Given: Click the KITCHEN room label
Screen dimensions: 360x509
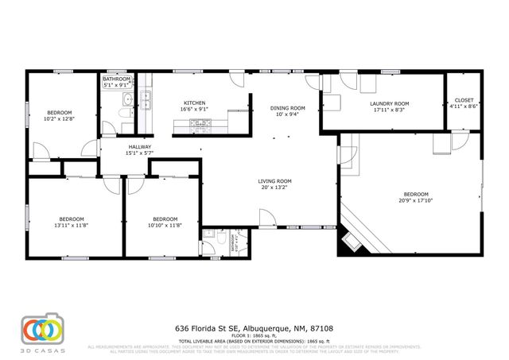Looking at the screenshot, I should pyautogui.click(x=195, y=103).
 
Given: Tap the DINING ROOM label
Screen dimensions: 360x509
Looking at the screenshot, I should pyautogui.click(x=288, y=108).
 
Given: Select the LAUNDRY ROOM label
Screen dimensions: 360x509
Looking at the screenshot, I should pyautogui.click(x=389, y=103).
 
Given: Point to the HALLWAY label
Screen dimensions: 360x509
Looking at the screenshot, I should pyautogui.click(x=140, y=147).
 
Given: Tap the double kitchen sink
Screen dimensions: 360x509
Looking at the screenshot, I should pyautogui.click(x=146, y=99).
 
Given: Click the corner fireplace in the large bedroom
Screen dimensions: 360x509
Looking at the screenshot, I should pyautogui.click(x=349, y=240).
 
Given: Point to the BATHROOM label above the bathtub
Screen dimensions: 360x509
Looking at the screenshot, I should pyautogui.click(x=116, y=79).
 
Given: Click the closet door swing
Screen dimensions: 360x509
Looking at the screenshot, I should pyautogui.click(x=460, y=140).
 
